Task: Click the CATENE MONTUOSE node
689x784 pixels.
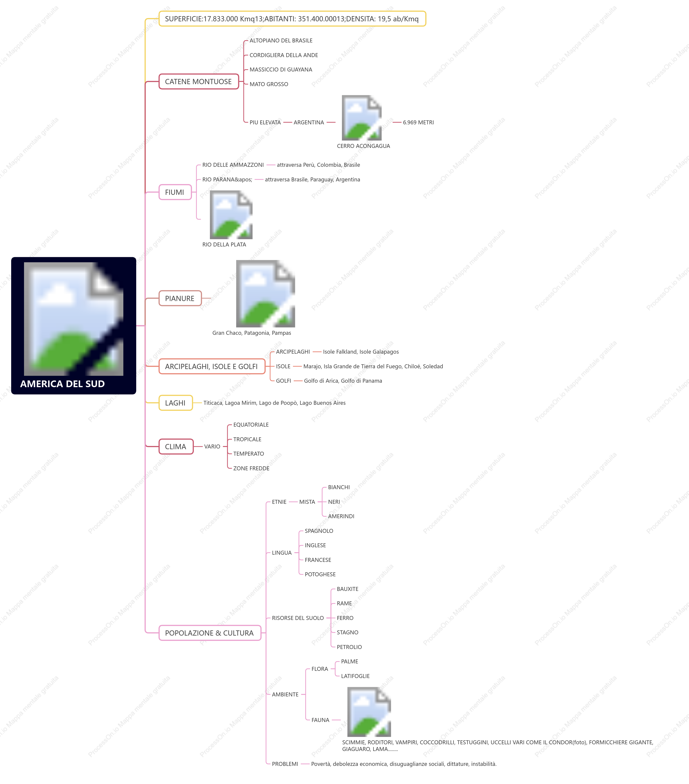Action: click(x=198, y=81)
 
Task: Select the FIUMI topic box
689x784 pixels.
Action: click(x=175, y=192)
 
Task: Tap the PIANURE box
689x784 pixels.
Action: click(x=180, y=298)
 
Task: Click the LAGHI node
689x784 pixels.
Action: click(x=175, y=403)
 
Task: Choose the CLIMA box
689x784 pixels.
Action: click(x=176, y=446)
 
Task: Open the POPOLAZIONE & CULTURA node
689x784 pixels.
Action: click(x=209, y=633)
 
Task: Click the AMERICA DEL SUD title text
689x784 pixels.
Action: click(x=63, y=384)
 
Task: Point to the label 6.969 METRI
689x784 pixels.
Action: click(x=418, y=122)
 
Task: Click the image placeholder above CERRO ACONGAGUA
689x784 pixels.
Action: click(x=361, y=118)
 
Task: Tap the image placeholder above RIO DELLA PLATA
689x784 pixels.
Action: click(x=231, y=215)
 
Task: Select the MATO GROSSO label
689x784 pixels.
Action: click(x=269, y=84)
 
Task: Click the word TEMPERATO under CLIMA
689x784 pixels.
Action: click(x=248, y=454)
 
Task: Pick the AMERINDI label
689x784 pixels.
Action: click(x=341, y=516)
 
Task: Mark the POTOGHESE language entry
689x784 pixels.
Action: click(x=320, y=574)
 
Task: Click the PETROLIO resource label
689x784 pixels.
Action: click(x=349, y=647)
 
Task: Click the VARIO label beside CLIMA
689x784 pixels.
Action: click(x=212, y=446)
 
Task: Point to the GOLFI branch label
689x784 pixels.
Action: click(x=283, y=380)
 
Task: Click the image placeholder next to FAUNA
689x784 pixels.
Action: click(x=369, y=712)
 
